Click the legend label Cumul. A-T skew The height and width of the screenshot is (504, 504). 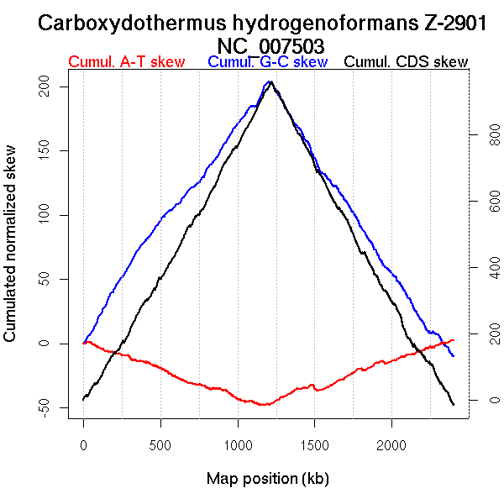coord(126,62)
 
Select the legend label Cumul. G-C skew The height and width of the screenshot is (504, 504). coord(267,62)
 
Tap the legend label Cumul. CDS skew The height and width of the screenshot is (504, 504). coord(407,62)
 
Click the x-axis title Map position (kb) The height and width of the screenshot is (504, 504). coord(267,479)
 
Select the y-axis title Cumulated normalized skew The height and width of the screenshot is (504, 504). coord(11,253)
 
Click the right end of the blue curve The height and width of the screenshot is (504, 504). coord(454,356)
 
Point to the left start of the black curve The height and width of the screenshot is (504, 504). coord(83,399)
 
